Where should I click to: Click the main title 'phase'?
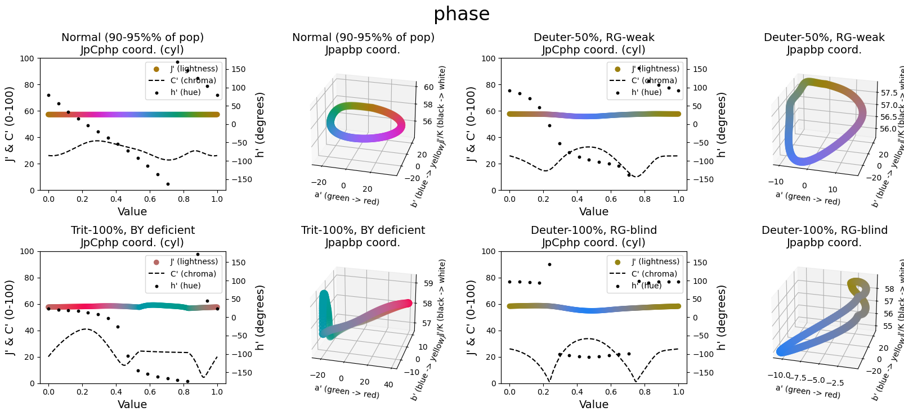coord(462,14)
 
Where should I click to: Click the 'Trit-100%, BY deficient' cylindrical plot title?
coord(132,230)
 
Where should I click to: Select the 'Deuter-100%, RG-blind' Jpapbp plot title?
coord(824,230)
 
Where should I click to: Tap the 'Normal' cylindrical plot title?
coord(132,37)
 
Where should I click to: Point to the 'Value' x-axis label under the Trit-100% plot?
coord(132,404)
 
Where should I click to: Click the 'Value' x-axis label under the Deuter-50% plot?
coord(594,211)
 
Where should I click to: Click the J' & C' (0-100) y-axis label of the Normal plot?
coord(10,124)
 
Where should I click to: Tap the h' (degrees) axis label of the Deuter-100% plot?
coord(721,318)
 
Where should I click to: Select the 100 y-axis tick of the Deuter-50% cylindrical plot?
coord(489,58)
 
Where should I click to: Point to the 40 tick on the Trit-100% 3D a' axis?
coord(388,385)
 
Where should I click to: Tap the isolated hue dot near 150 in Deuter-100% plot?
coord(549,264)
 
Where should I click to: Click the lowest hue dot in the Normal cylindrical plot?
coord(168,184)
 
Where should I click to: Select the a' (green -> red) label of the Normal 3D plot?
coord(347,198)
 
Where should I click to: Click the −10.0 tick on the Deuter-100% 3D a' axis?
coord(778,375)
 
